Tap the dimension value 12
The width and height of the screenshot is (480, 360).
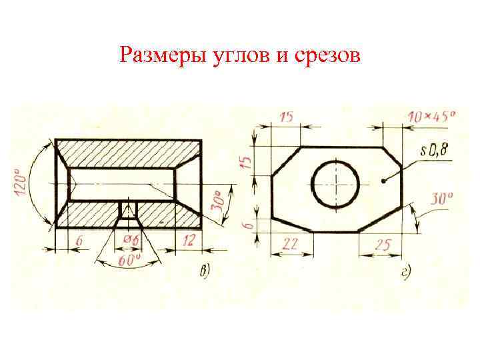189,240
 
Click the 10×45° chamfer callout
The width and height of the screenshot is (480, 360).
431,117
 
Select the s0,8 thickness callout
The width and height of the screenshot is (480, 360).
435,151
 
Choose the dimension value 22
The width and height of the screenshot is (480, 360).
291,245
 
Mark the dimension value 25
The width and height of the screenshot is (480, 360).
381,245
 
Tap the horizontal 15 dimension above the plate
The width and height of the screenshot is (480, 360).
287,117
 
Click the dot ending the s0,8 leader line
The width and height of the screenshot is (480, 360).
383,181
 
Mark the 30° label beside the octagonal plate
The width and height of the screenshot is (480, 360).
440,199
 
